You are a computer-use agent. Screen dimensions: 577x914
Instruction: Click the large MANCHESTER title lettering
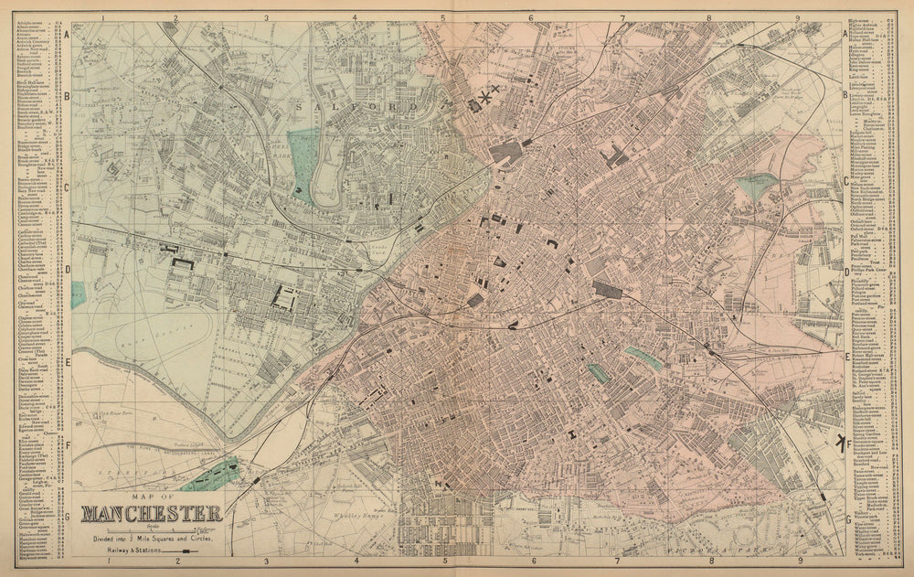coord(151,513)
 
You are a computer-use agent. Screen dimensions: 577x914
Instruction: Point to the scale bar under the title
coord(151,529)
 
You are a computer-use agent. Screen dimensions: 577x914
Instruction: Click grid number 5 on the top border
coord(442,16)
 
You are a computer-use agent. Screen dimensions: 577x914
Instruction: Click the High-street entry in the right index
coord(865,20)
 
